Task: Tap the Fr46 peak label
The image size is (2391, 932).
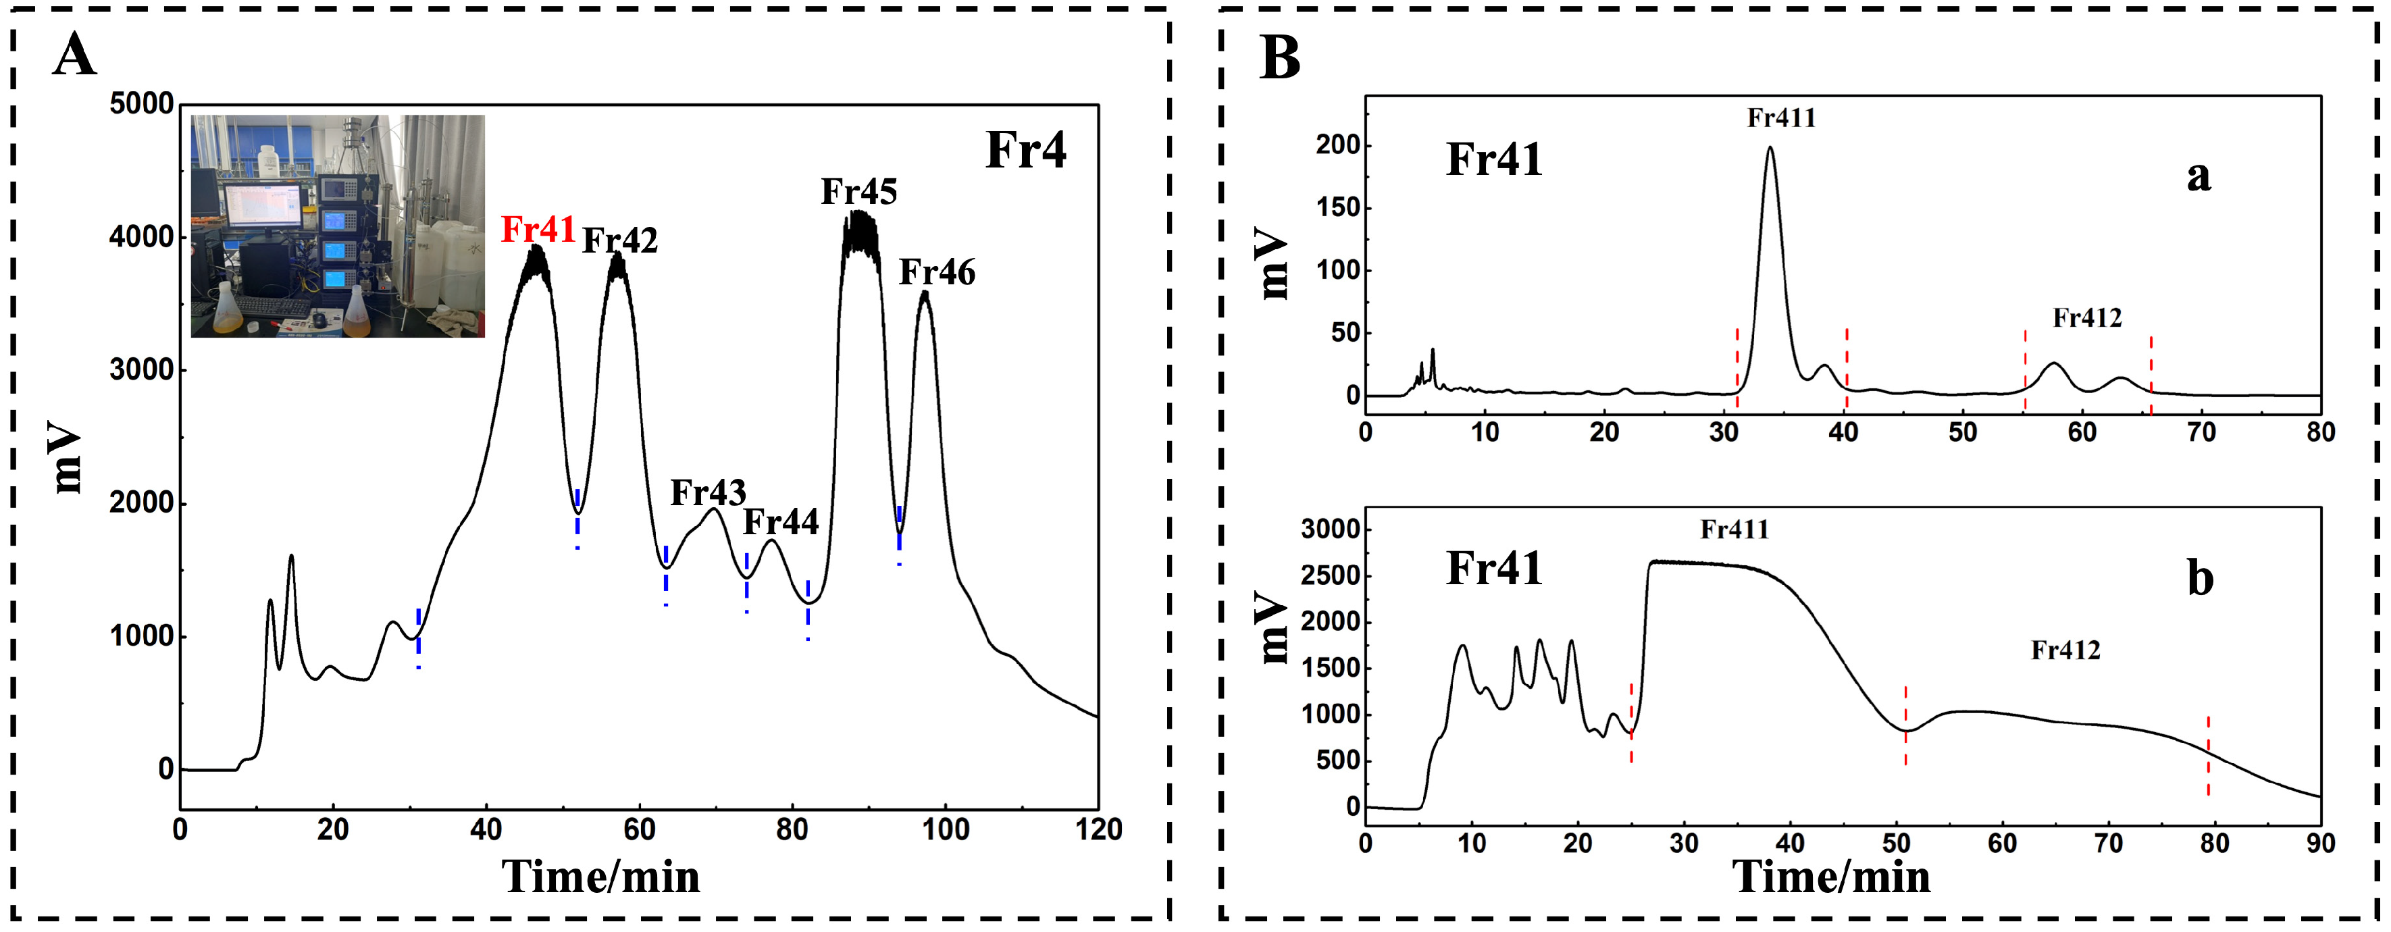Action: (937, 273)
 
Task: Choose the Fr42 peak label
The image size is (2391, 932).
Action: (619, 241)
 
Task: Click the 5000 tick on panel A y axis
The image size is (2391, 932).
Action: (141, 104)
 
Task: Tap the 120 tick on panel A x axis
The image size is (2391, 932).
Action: (1099, 829)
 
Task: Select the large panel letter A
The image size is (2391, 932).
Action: (74, 55)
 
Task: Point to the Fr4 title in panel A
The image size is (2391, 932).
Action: (1026, 151)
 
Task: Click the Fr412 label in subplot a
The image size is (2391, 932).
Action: (2086, 318)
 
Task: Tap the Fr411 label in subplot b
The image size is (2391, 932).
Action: (1734, 530)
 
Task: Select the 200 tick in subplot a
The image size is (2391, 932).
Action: (1337, 146)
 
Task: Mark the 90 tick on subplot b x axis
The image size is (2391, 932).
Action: (2319, 843)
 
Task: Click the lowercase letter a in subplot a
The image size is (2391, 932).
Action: (2198, 176)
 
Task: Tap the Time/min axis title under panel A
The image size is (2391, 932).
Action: (600, 877)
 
